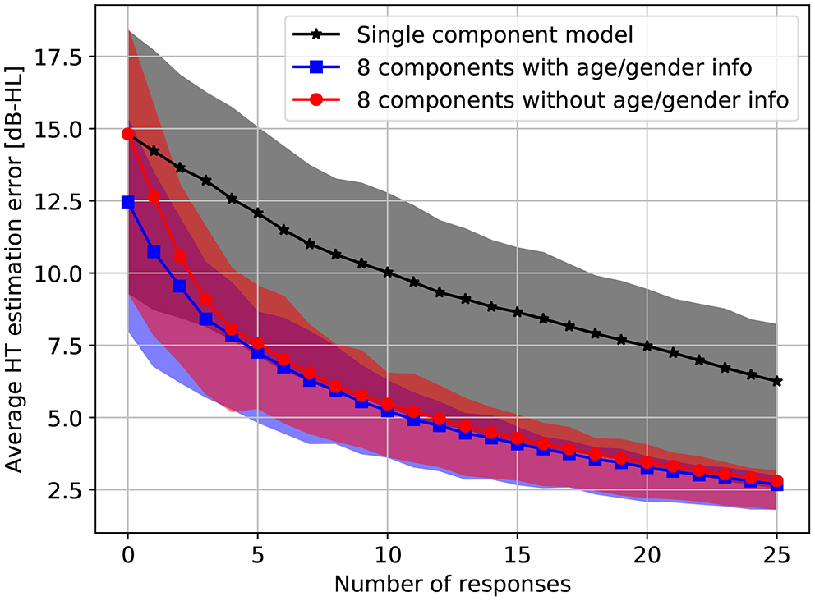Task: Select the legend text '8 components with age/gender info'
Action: pyautogui.click(x=554, y=68)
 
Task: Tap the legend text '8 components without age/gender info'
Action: pyautogui.click(x=573, y=100)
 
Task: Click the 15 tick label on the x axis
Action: pyautogui.click(x=518, y=556)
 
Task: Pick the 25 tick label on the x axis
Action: pyautogui.click(x=777, y=556)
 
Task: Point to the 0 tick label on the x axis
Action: pyautogui.click(x=127, y=556)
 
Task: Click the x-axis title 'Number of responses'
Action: pyautogui.click(x=452, y=585)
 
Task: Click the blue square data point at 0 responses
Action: pyautogui.click(x=127, y=202)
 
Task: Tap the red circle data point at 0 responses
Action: pyautogui.click(x=127, y=134)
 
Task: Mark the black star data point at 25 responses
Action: pyautogui.click(x=777, y=382)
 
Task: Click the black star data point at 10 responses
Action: pyautogui.click(x=388, y=273)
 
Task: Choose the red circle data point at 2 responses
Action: pyautogui.click(x=180, y=257)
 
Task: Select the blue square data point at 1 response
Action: pyautogui.click(x=154, y=252)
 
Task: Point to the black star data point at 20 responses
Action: pyautogui.click(x=647, y=346)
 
